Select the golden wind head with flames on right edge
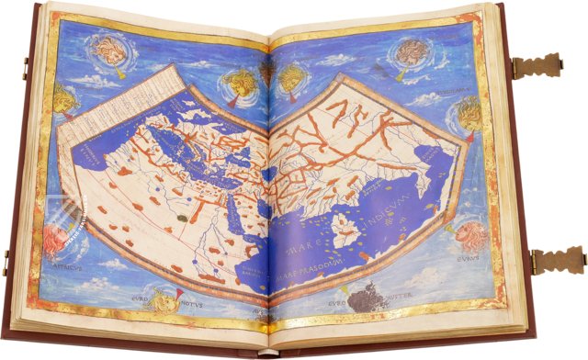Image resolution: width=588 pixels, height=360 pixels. pyautogui.click(x=467, y=115)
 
